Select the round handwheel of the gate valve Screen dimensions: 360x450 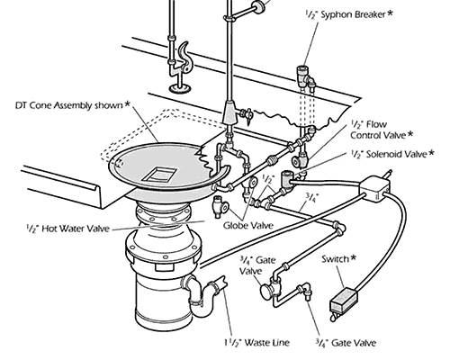click(267, 292)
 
